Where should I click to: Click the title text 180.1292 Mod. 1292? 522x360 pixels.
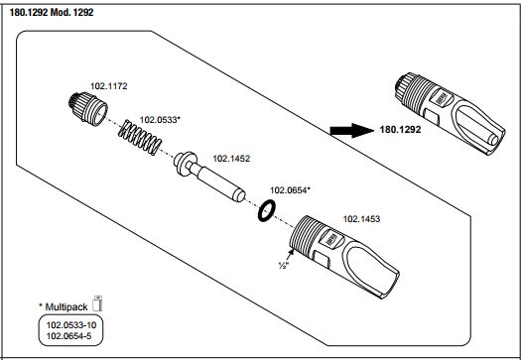click(x=52, y=13)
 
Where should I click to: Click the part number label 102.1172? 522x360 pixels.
click(x=108, y=86)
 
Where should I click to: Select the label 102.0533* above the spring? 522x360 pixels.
click(x=160, y=120)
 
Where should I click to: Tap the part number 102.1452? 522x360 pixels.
click(x=231, y=159)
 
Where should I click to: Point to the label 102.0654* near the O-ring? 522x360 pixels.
click(x=290, y=190)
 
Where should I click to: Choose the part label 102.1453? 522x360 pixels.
click(x=361, y=219)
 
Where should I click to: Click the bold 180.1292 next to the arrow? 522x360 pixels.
click(x=400, y=130)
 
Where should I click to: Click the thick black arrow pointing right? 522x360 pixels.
click(x=352, y=130)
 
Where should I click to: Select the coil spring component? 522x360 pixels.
click(x=140, y=137)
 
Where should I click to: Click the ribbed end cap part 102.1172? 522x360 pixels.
click(x=88, y=108)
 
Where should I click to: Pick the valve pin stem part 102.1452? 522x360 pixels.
click(x=209, y=176)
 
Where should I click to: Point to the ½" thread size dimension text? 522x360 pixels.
click(x=284, y=266)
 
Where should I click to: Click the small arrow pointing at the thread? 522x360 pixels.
click(x=290, y=255)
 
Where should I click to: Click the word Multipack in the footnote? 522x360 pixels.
click(x=66, y=306)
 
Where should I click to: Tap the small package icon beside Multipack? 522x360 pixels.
click(x=97, y=303)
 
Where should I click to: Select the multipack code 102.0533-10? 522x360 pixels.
click(x=70, y=324)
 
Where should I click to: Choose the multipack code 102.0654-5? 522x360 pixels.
click(x=68, y=336)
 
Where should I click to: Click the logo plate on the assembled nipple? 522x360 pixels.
click(x=440, y=98)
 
